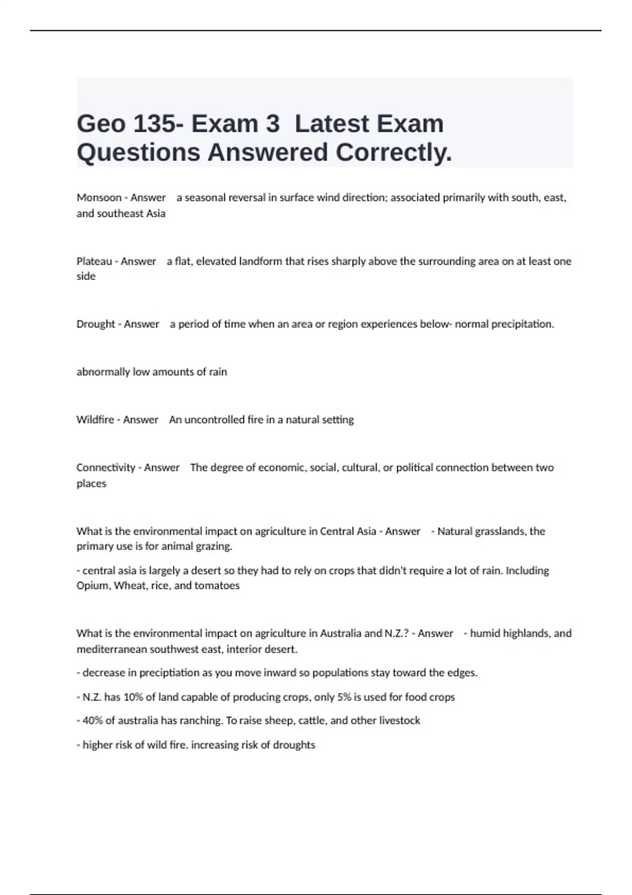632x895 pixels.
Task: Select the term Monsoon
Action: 99,197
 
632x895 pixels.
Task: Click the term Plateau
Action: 94,261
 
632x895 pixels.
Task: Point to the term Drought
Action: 96,324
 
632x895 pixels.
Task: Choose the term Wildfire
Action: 95,420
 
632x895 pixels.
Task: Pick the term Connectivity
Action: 106,468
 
